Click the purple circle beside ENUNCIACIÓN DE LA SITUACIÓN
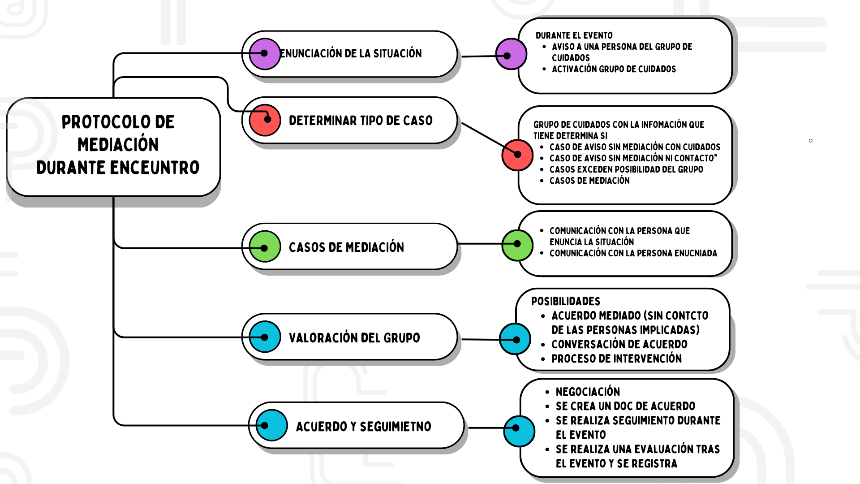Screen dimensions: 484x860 265,54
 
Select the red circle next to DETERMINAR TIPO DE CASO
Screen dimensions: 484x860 265,120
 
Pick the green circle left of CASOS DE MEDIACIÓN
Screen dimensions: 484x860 265,246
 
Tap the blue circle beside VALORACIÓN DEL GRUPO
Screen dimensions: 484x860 265,337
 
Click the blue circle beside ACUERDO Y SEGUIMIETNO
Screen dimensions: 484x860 271,425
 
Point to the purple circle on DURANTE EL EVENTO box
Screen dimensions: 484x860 511,54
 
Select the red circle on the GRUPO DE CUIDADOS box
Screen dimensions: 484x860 517,155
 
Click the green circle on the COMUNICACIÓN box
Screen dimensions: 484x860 517,245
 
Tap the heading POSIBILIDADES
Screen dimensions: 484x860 566,301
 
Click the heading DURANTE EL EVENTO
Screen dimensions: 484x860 574,35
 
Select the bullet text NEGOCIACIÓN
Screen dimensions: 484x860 588,392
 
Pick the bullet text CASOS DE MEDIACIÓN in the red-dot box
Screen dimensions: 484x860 589,181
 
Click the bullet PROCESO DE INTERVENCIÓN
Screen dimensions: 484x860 616,359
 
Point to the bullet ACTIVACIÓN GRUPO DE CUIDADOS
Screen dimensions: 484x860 614,69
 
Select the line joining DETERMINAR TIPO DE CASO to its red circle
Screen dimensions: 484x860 483,135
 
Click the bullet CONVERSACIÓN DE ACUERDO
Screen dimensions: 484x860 619,344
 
